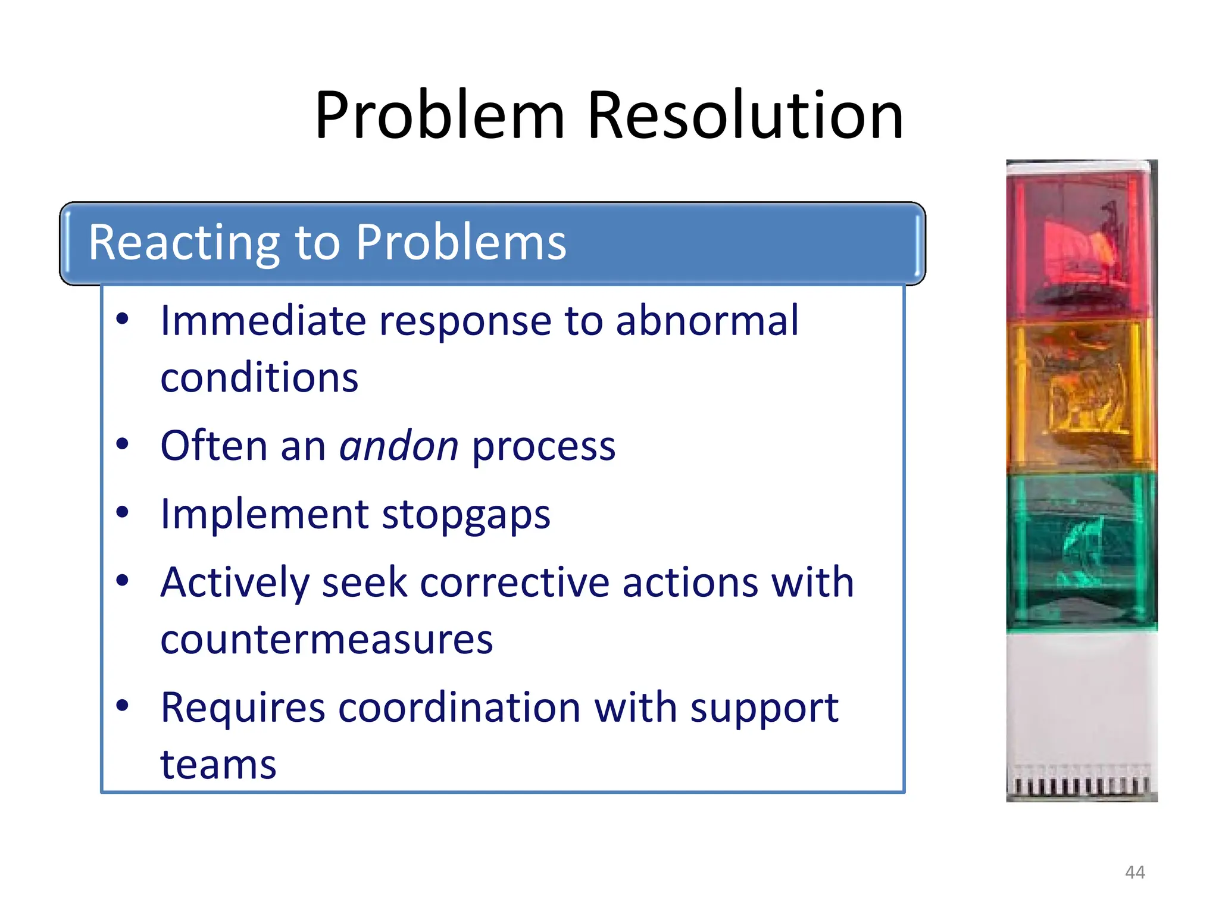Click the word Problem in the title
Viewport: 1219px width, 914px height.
tap(439, 116)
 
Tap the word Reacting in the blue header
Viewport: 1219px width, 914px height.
tap(184, 243)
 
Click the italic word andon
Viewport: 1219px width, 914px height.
tap(399, 446)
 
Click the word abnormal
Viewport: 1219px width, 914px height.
tap(707, 321)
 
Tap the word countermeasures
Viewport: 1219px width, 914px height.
tap(327, 640)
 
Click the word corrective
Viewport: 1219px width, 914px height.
tap(514, 583)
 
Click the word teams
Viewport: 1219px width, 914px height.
tap(218, 765)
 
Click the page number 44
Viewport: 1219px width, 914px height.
tap(1134, 872)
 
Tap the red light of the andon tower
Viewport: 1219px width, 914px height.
tap(1080, 244)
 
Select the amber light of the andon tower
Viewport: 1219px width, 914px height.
tap(1080, 396)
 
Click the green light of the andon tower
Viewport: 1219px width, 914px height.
tap(1080, 550)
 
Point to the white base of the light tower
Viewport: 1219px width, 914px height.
tap(1080, 702)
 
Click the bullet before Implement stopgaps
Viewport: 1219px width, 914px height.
tap(123, 513)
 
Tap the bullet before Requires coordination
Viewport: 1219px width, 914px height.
tap(123, 706)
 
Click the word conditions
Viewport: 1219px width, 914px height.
tap(260, 378)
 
